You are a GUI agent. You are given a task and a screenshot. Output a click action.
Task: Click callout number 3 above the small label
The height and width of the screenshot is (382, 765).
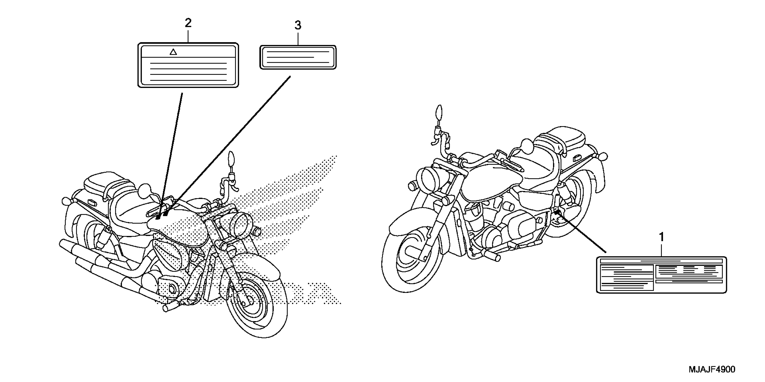point(298,26)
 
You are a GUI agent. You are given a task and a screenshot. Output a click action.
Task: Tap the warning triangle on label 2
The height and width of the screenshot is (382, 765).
point(173,52)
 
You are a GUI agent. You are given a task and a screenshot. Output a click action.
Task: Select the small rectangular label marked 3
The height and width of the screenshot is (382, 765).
point(298,57)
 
